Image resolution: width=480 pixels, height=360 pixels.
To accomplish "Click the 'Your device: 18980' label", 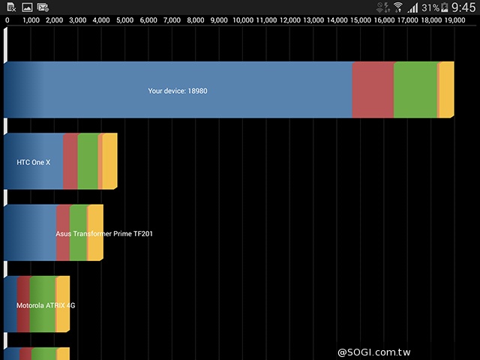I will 178,91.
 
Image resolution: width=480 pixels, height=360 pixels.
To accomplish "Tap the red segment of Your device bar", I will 373,90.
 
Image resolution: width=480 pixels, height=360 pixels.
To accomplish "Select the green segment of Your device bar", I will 415,90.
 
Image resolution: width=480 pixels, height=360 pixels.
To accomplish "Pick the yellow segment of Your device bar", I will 446,90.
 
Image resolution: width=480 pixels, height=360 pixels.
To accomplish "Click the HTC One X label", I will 33,162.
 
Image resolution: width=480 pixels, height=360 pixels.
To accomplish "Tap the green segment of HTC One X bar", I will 88,161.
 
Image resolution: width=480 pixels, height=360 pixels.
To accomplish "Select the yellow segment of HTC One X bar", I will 109,161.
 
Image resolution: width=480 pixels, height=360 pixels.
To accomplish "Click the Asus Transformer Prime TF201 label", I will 104,234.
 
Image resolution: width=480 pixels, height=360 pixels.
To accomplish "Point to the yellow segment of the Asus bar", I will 95,232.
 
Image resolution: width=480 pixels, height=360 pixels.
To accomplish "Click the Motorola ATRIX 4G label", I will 46,306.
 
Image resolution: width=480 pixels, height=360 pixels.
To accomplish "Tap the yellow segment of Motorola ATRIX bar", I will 63,304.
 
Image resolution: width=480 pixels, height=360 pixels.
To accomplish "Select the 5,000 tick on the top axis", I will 126,19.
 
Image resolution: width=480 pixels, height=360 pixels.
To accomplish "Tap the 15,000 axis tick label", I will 361,19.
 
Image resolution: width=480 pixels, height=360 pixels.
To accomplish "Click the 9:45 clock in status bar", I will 463,7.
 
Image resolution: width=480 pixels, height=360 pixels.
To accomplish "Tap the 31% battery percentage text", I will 430,7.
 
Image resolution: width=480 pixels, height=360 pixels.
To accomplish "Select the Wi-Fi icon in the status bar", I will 397,7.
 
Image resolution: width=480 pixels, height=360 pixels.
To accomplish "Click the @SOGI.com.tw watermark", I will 379,352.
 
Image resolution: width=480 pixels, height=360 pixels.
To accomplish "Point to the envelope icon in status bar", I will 43,7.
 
